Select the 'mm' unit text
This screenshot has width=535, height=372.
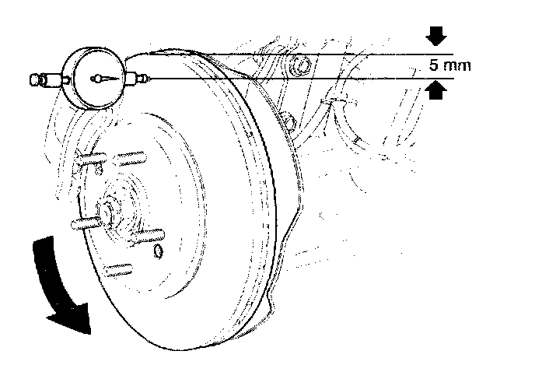459,66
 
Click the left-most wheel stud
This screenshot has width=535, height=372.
85,223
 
